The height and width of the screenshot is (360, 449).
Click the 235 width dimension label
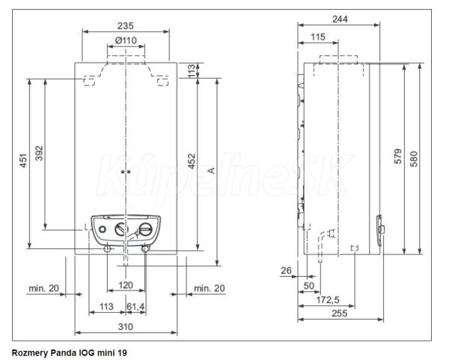[126, 25]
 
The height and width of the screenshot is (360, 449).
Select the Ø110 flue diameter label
[126, 40]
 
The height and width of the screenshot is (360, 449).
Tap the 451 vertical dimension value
[23, 161]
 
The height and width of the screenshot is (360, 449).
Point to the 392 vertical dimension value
[39, 153]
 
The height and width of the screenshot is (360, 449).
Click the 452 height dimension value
[192, 161]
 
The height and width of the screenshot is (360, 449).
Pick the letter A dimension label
[211, 171]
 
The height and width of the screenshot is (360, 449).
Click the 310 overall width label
[126, 326]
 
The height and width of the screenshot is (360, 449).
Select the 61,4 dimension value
[135, 307]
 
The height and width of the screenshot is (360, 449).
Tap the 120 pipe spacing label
[126, 285]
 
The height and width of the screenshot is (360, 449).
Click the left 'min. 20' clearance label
[44, 288]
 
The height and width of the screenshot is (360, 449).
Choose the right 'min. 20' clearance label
[210, 288]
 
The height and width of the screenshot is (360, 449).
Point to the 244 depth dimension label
[340, 19]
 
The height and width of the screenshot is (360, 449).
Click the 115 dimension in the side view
[318, 37]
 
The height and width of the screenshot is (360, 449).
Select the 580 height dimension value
[414, 159]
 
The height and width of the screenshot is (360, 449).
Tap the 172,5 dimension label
[328, 300]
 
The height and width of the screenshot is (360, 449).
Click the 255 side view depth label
[339, 314]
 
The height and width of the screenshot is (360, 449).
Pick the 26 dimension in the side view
[286, 270]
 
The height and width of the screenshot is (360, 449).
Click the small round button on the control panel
[102, 230]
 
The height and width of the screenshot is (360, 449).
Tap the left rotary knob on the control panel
[122, 230]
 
